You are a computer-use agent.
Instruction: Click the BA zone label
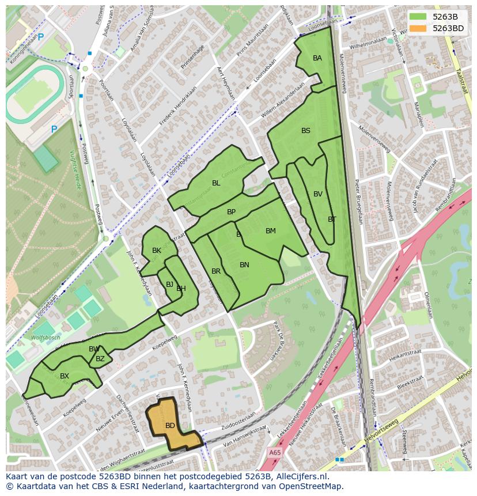point(317,58)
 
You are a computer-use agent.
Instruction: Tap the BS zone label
point(306,131)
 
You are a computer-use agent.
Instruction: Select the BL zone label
point(216,183)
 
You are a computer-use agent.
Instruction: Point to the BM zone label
point(271,231)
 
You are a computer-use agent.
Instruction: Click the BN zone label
point(244,265)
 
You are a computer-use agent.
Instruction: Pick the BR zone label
point(216,271)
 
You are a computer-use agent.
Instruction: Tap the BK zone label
point(157,251)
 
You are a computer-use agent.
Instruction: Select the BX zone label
point(65,376)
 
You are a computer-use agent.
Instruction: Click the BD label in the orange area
point(170,426)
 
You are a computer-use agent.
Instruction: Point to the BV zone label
point(318,194)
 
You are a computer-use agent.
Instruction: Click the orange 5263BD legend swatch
point(419,28)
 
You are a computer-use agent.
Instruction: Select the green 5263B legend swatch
point(419,16)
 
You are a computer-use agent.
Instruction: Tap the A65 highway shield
point(275,453)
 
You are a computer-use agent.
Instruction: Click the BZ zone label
point(100,359)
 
